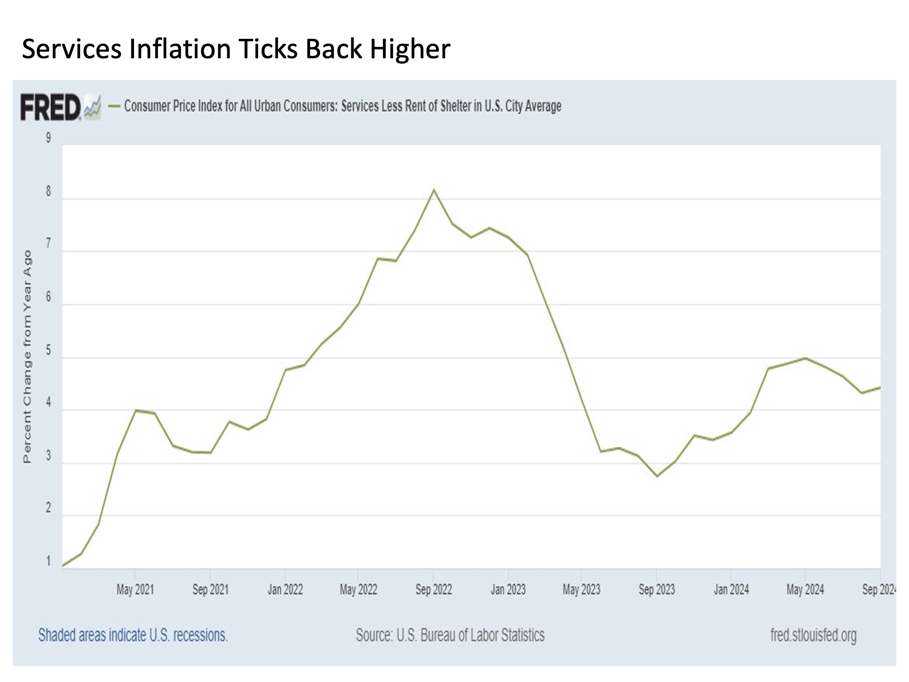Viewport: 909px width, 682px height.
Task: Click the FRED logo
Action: [51, 108]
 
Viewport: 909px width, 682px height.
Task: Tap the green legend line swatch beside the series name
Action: [114, 106]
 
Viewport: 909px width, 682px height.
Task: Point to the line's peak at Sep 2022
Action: [434, 190]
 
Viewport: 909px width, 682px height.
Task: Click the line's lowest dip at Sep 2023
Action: [657, 476]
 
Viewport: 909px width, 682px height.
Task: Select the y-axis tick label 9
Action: [48, 138]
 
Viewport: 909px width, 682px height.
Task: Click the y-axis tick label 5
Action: [48, 351]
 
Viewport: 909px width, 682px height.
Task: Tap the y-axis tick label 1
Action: [48, 561]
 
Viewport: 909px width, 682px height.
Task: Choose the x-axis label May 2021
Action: [135, 590]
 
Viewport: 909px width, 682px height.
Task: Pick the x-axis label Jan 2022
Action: [285, 590]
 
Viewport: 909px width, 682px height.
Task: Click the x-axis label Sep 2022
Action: [434, 590]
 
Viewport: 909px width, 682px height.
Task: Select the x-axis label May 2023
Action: [581, 590]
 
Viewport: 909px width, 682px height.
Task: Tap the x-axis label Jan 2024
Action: [731, 590]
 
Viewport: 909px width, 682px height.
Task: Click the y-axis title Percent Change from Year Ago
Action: [27, 356]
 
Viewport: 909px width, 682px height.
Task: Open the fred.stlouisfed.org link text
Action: [813, 635]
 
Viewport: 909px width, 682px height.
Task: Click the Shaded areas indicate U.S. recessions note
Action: [133, 635]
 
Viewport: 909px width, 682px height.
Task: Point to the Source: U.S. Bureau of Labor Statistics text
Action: [450, 635]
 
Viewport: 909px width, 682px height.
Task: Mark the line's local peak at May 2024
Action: [805, 358]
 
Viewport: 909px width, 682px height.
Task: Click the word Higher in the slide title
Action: [410, 49]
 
